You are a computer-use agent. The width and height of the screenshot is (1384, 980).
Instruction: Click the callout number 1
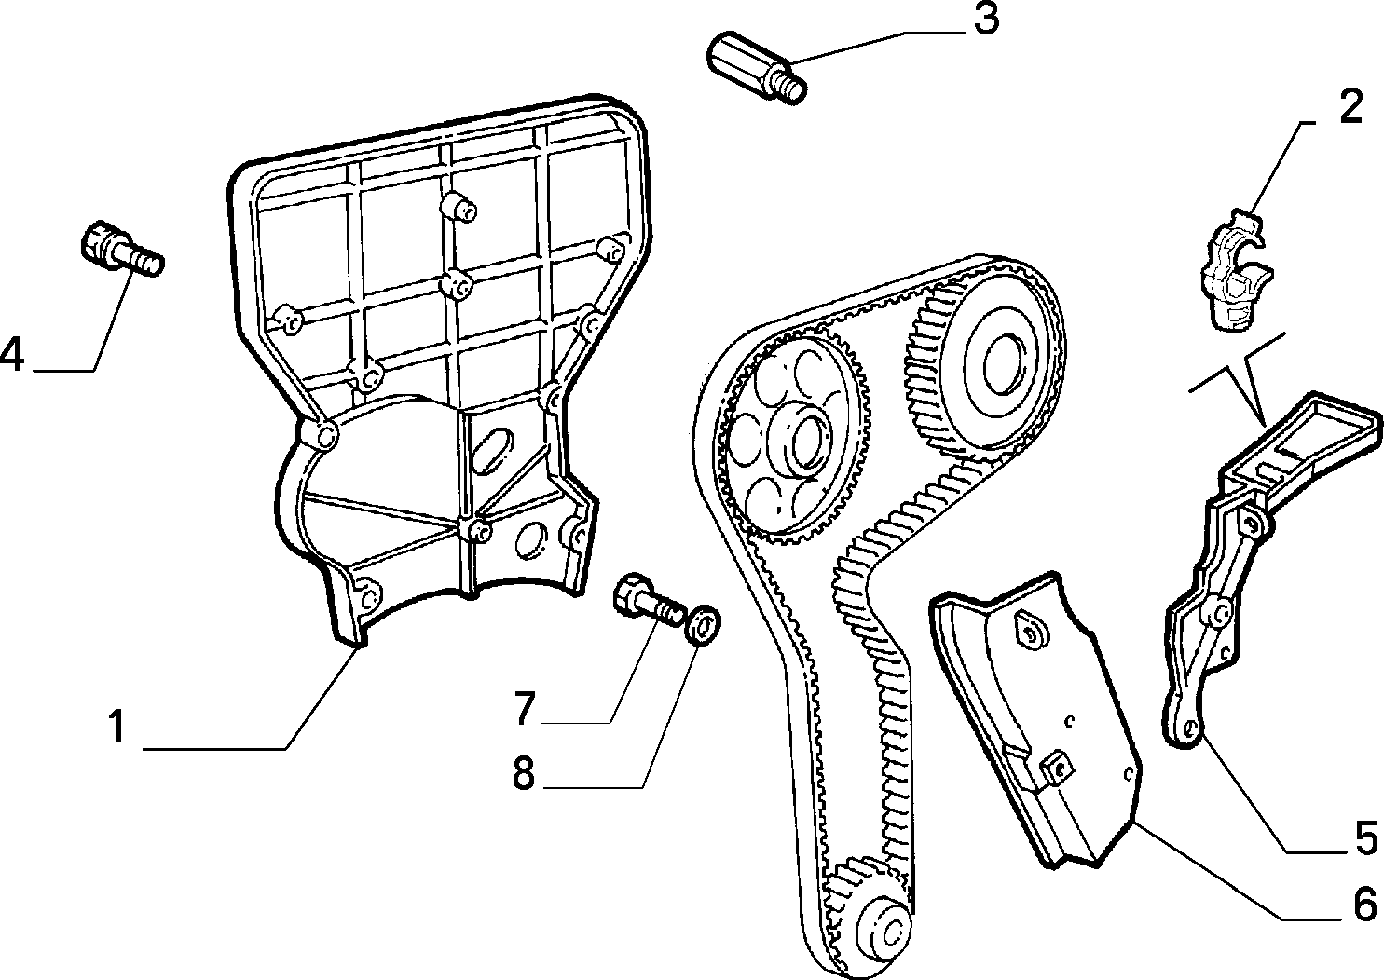click(116, 727)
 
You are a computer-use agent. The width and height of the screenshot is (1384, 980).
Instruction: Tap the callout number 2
click(1350, 107)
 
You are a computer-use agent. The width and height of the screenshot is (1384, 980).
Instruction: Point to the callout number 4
click(12, 354)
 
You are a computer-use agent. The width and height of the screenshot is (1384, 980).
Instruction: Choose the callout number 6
click(1364, 904)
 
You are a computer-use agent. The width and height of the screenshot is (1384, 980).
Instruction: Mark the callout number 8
click(524, 772)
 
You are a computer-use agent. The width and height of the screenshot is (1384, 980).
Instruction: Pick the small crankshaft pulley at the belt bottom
click(877, 931)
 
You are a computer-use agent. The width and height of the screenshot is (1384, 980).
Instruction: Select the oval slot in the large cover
click(491, 452)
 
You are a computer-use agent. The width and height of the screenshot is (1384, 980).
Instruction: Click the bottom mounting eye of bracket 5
click(1185, 731)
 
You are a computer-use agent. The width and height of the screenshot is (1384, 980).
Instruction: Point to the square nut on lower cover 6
click(1057, 768)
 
